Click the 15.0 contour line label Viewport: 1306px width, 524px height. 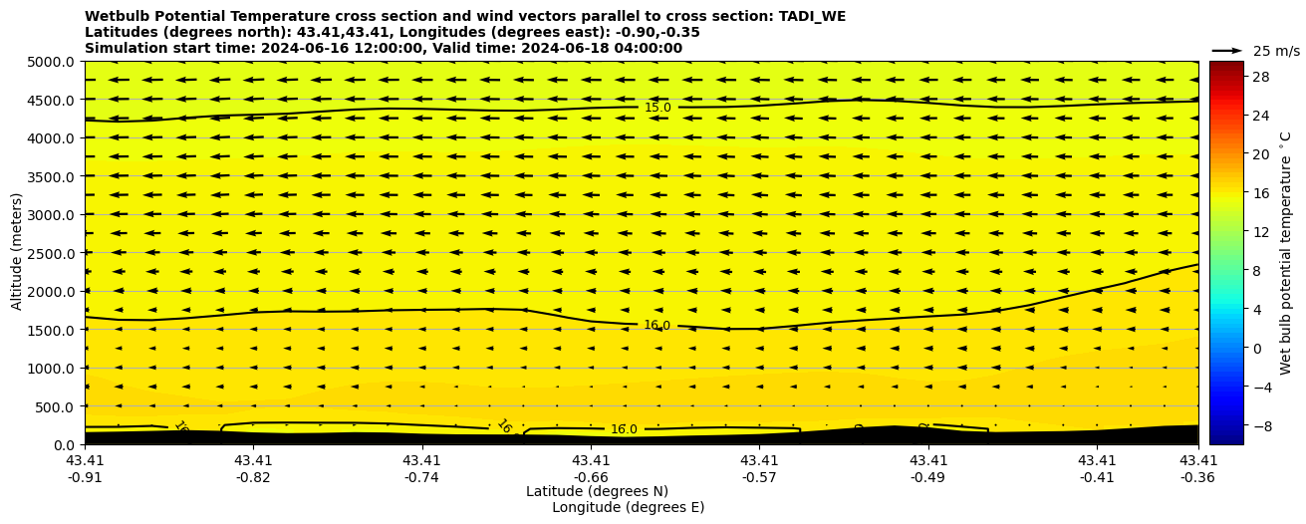(x=657, y=108)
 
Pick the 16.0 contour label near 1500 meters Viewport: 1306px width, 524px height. (x=656, y=326)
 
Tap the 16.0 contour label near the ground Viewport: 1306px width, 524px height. (x=624, y=430)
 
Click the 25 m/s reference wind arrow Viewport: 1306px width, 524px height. (x=1227, y=51)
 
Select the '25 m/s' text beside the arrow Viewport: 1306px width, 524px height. (x=1276, y=52)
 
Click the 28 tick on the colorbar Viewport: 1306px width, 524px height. (x=1260, y=77)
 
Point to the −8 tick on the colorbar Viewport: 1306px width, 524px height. (x=1260, y=424)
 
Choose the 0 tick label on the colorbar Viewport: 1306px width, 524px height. (x=1256, y=348)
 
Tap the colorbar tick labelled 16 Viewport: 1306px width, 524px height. (x=1260, y=193)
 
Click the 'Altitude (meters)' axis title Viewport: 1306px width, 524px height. (x=17, y=252)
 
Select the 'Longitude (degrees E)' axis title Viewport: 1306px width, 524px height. (x=628, y=508)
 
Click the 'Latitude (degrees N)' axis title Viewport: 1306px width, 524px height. (x=597, y=492)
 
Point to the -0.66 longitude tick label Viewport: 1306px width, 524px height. (x=591, y=477)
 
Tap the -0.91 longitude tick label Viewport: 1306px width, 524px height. (x=85, y=477)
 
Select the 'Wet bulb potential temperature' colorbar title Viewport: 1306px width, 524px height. (x=1286, y=252)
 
